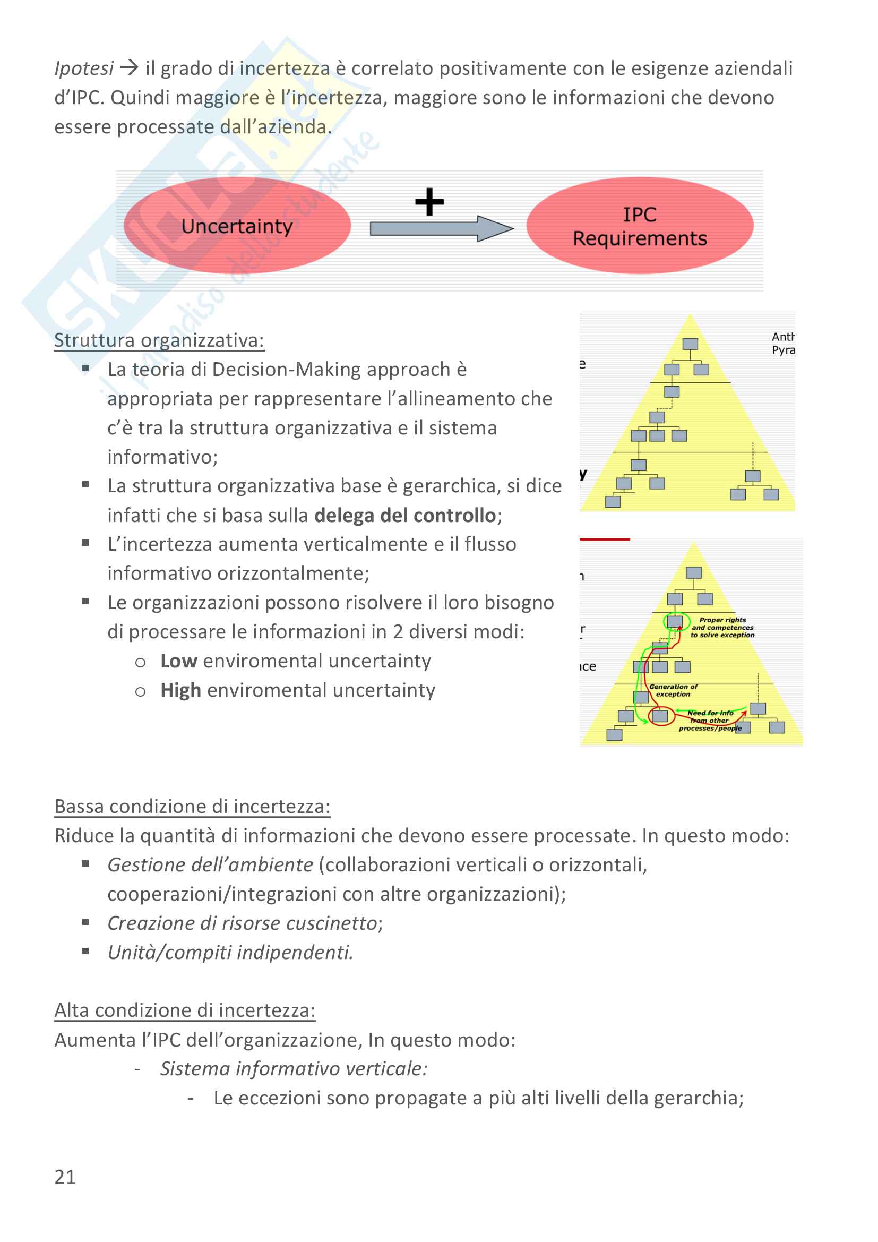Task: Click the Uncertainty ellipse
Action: point(237,226)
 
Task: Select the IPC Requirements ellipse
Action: point(640,226)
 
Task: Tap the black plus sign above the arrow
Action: point(429,202)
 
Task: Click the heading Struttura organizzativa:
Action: point(159,340)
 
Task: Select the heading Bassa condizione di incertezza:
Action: point(192,806)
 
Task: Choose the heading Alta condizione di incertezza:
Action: point(185,1010)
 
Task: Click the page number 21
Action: point(65,1177)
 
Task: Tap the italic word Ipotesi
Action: point(84,68)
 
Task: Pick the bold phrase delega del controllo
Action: point(405,516)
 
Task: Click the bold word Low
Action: point(178,661)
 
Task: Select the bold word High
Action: point(180,690)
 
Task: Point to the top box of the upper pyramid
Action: point(690,344)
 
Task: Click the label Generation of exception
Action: point(673,690)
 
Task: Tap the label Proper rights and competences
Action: point(722,628)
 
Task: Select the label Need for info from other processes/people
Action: point(710,721)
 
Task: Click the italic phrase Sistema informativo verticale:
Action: point(294,1069)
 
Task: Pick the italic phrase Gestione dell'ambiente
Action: point(210,865)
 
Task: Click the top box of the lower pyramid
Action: point(694,572)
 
